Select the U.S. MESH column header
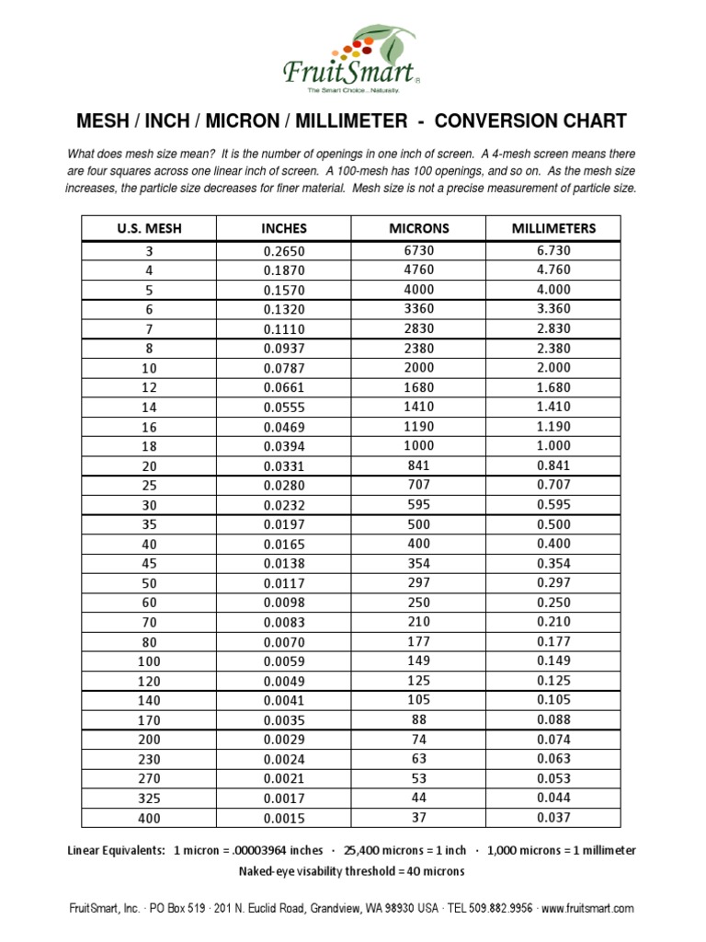[149, 228]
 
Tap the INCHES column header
[284, 228]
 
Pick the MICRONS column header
[418, 227]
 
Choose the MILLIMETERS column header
[553, 227]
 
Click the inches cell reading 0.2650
[284, 251]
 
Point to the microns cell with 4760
[418, 270]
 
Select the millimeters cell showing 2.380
[553, 348]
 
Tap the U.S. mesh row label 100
[149, 661]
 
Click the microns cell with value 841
[418, 465]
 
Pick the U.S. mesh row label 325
[149, 798]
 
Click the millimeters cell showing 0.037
[553, 817]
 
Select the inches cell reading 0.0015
[284, 818]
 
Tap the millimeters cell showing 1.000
[553, 445]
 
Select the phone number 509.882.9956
[496, 908]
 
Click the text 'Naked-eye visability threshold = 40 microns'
[352, 871]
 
